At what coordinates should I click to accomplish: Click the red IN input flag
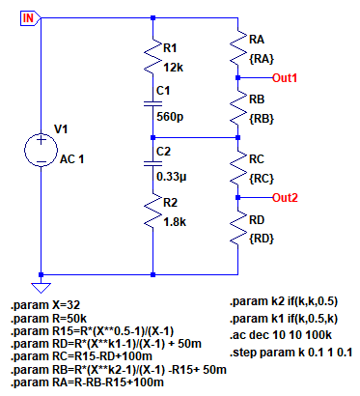30,18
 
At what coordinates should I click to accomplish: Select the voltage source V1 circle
41,150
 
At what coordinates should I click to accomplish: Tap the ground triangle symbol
41,288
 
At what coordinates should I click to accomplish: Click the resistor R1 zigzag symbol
152,55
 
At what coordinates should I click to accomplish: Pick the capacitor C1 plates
152,103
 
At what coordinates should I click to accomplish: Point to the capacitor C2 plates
152,163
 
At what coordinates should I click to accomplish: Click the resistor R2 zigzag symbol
152,211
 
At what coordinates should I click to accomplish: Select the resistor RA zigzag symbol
237,46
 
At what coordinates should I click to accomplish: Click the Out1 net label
285,78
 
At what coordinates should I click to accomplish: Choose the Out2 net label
285,197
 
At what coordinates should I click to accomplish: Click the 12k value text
174,68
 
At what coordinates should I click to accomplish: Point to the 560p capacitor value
170,117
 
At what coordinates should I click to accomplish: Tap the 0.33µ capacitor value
172,177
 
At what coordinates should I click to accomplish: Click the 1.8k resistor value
175,222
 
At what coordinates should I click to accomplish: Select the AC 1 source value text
71,159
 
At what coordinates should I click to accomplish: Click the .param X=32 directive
45,305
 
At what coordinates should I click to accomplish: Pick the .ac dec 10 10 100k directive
281,335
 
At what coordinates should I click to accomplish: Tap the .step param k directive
291,353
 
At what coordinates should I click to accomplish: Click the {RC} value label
262,179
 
